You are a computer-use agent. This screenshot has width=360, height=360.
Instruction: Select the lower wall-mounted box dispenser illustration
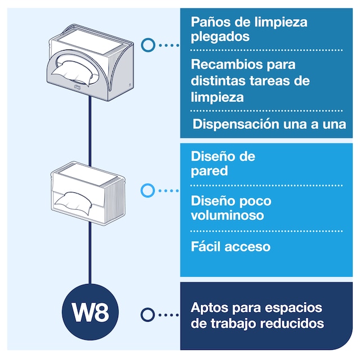(x=91, y=192)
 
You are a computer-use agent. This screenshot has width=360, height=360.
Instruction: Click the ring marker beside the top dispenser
(x=148, y=44)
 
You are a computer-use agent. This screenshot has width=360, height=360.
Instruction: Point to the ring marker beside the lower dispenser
(x=147, y=191)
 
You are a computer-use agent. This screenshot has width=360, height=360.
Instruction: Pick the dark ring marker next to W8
(x=147, y=314)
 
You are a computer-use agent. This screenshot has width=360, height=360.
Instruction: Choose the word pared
(x=209, y=170)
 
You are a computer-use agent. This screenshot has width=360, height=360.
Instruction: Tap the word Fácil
(x=206, y=246)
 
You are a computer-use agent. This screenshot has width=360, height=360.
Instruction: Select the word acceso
(x=248, y=246)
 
